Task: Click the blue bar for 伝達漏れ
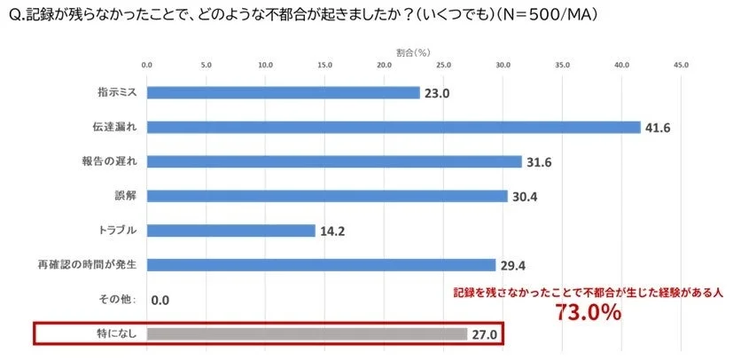[393, 127]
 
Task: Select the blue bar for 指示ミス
[283, 92]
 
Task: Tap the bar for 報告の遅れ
[333, 161]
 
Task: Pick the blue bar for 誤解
[326, 196]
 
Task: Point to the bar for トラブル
[230, 231]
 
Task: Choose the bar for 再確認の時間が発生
[320, 265]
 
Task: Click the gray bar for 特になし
[306, 334]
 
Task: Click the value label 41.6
[657, 128]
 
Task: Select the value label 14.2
[331, 231]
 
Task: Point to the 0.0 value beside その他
[160, 301]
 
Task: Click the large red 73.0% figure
[589, 313]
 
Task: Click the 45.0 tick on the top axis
[681, 65]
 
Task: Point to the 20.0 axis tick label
[384, 65]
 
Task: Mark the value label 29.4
[511, 266]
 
